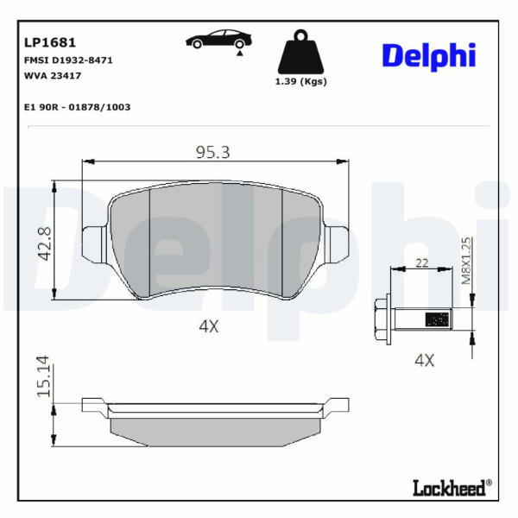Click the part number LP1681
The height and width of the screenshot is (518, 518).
click(x=50, y=42)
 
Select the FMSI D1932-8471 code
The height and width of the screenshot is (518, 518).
click(x=68, y=60)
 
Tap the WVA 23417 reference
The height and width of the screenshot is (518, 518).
click(x=53, y=76)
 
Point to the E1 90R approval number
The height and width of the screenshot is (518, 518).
click(x=78, y=107)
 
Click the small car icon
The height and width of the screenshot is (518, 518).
click(x=218, y=41)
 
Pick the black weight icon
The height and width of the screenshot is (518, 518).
click(x=300, y=52)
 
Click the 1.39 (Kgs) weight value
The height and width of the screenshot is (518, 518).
click(x=301, y=82)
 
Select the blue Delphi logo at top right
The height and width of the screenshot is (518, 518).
click(x=429, y=56)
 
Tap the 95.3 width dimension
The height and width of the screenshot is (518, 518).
click(x=212, y=152)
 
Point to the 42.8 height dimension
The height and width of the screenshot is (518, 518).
click(x=45, y=243)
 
